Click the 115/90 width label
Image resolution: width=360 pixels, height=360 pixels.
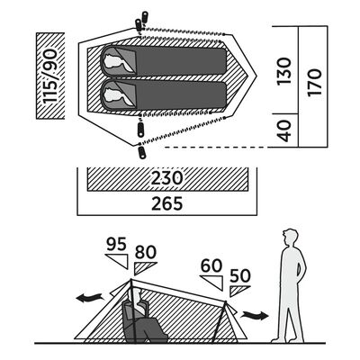(49, 76)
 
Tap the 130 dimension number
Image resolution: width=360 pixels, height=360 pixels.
(283, 71)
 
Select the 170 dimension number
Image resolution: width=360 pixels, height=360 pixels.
(314, 82)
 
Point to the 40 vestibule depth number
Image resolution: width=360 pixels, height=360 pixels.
(283, 130)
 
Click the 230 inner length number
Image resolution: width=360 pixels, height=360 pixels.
(166, 178)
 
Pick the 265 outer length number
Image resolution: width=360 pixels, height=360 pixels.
(166, 204)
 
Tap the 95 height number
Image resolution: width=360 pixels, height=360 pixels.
(116, 245)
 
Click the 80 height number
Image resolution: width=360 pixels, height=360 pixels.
(146, 253)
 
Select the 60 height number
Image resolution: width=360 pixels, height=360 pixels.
(211, 266)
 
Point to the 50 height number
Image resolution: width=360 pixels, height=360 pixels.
(240, 275)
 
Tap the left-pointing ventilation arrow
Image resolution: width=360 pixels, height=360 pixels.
(89, 298)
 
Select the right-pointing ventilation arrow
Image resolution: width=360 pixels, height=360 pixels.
(255, 315)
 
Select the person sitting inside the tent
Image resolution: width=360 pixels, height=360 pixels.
(142, 317)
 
